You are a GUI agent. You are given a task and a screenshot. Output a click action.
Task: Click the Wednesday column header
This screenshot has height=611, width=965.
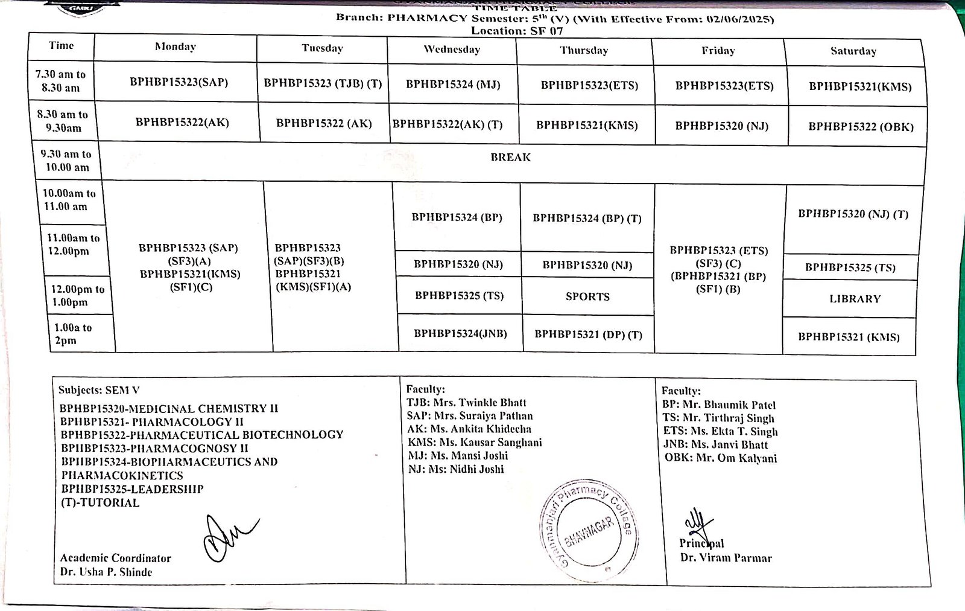click(x=452, y=50)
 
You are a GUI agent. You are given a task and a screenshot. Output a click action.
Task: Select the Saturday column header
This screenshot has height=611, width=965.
click(x=853, y=51)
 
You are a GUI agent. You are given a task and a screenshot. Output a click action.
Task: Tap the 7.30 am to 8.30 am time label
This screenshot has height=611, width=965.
click(x=60, y=81)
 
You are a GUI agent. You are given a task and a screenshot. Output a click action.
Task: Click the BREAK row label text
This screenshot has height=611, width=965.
click(x=510, y=158)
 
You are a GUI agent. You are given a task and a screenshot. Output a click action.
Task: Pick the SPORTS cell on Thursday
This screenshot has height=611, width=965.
click(x=587, y=296)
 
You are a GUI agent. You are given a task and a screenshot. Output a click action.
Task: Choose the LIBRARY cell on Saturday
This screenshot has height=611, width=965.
click(x=855, y=299)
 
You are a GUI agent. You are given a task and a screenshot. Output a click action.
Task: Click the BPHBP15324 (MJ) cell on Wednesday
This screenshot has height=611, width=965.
click(x=453, y=85)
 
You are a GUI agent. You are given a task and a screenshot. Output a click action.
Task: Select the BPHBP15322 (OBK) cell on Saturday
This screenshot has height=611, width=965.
click(x=861, y=127)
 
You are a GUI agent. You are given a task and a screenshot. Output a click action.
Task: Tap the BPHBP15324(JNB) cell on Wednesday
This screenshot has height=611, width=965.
click(x=460, y=333)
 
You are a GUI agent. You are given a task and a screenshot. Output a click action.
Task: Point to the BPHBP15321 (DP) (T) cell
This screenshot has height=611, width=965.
click(x=588, y=334)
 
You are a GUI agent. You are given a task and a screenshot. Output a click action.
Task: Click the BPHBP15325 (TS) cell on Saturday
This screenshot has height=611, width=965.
click(x=850, y=267)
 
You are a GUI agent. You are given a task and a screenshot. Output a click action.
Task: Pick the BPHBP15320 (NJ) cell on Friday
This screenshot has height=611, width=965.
click(x=721, y=126)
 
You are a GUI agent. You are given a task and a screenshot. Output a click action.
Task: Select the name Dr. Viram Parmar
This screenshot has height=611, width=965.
click(x=726, y=558)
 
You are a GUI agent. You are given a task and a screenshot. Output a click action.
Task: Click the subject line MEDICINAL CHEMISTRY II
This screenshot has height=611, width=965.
click(x=169, y=409)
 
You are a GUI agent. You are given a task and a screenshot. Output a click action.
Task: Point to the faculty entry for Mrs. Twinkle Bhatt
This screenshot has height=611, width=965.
click(x=466, y=403)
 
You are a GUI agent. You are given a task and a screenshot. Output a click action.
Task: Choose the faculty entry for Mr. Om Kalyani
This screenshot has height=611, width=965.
click(x=721, y=458)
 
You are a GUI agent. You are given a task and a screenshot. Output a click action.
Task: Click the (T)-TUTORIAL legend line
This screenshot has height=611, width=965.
click(x=100, y=503)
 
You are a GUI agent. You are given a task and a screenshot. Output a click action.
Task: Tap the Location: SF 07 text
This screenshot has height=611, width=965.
click(x=517, y=31)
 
